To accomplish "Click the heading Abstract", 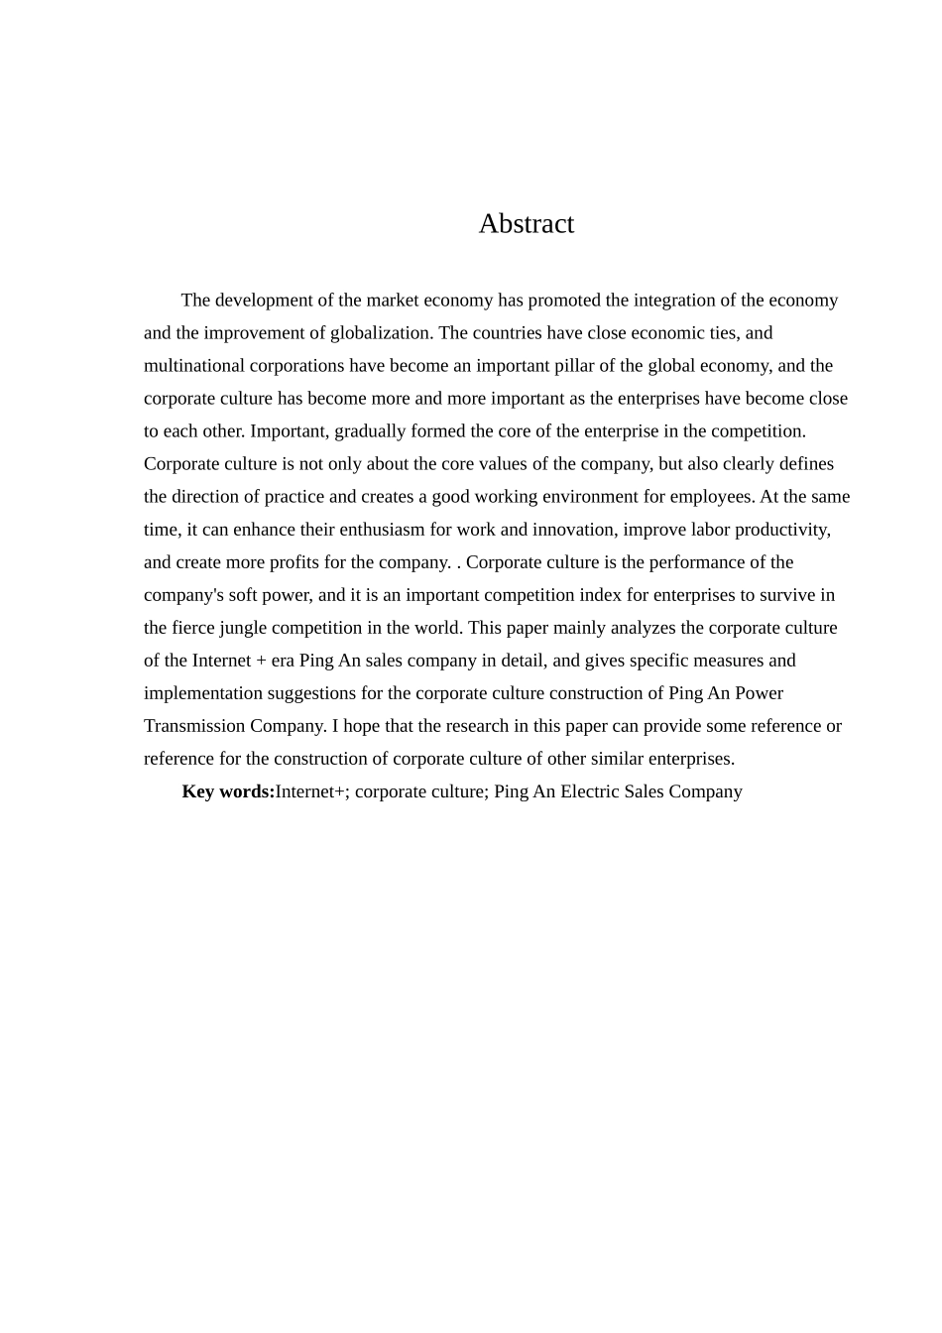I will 526,224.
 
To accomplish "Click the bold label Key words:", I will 228,791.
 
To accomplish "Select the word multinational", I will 194,366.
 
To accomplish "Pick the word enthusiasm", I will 382,530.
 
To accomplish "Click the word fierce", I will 196,628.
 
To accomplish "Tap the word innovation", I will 571,530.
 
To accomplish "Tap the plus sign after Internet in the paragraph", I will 261,661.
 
